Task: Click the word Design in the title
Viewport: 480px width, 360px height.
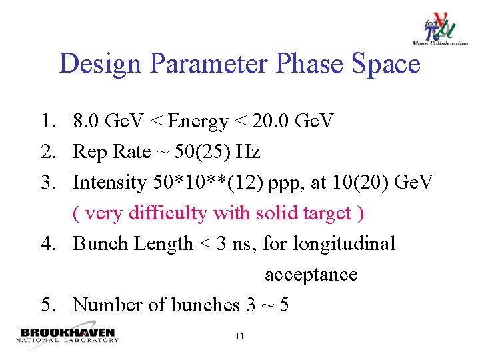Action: pos(101,65)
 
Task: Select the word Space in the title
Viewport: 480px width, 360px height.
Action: pos(387,65)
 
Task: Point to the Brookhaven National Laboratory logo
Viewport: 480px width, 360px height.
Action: pos(67,335)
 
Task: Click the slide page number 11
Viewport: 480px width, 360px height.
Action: pos(240,337)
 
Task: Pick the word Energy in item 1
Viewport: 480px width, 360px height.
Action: pos(199,121)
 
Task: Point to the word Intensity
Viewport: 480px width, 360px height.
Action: pos(109,183)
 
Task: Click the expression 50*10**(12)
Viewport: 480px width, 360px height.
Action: pos(208,183)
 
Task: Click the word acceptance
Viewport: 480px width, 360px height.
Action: pos(311,275)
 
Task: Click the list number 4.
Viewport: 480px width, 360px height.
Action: pos(47,244)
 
